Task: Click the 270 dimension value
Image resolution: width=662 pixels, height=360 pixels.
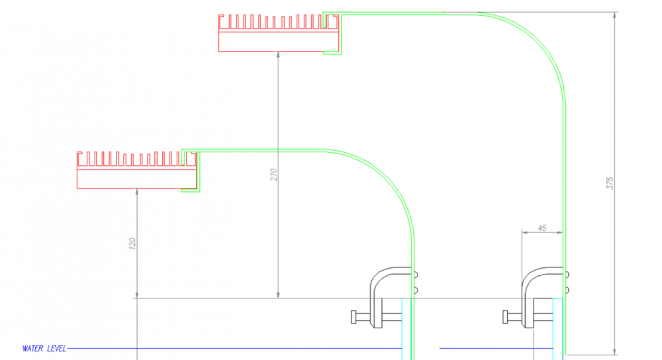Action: (274, 175)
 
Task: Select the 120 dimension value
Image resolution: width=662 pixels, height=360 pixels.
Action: (132, 244)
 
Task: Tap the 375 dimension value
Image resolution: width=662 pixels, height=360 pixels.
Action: (610, 183)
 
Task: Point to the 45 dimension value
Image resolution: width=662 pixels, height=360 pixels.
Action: (542, 228)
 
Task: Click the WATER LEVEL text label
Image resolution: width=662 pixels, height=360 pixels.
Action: (44, 349)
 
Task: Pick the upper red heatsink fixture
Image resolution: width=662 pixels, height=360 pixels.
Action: (279, 33)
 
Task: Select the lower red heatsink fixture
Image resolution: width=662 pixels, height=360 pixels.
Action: (137, 170)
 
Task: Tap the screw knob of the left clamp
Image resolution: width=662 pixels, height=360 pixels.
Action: (354, 317)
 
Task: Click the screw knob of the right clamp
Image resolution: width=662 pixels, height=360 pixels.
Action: (505, 317)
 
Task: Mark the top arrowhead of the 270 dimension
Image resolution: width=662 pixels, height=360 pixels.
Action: (278, 55)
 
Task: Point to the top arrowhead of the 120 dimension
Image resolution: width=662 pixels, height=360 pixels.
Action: (137, 192)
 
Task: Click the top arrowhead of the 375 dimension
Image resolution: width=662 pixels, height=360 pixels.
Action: (615, 15)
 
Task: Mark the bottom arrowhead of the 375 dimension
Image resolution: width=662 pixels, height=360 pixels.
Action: (615, 351)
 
